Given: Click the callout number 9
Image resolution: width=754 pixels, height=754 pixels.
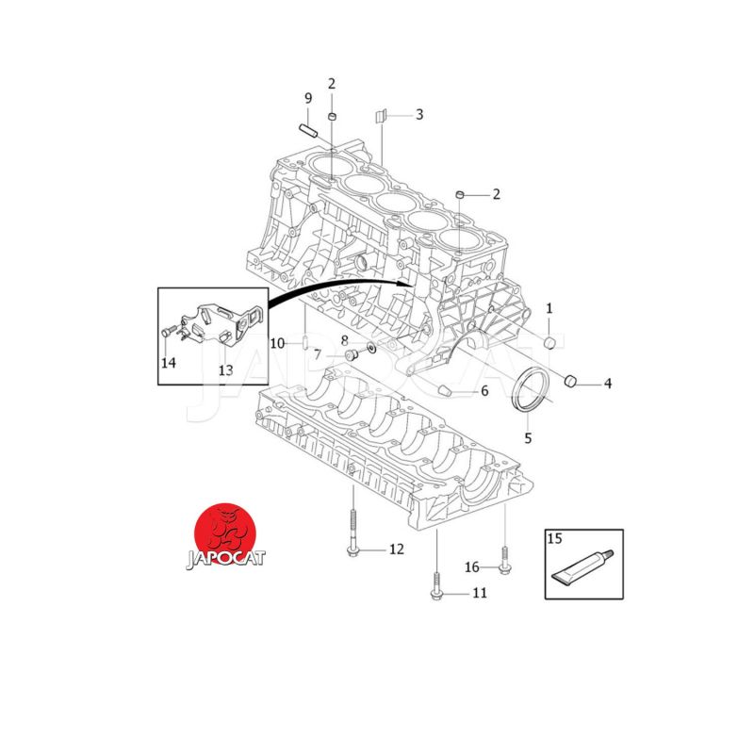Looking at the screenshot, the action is click(x=308, y=98).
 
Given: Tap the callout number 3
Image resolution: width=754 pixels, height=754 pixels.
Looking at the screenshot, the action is click(x=419, y=114).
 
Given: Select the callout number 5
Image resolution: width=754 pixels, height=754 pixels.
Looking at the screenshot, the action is click(x=528, y=438).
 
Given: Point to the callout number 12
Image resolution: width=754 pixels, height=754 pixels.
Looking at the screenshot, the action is click(x=396, y=549).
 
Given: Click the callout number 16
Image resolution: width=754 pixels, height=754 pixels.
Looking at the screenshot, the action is click(x=472, y=567).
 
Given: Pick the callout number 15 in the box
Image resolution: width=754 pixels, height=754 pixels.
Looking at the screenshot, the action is click(x=554, y=538).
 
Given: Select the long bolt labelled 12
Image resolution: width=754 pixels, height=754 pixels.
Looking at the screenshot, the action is click(x=352, y=533).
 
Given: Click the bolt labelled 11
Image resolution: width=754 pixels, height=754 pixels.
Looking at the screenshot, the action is click(x=436, y=585).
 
